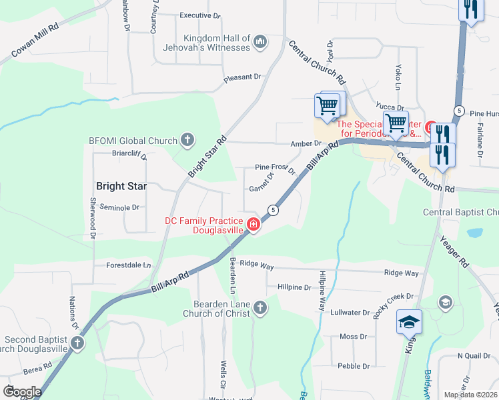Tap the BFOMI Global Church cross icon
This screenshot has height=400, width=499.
(188, 141)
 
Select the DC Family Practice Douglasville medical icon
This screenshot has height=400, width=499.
(254, 225)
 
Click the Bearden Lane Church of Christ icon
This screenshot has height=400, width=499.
(260, 308)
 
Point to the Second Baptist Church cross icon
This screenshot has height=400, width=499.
(78, 343)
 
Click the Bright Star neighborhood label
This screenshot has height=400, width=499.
(121, 186)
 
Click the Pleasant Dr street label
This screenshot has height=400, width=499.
(242, 77)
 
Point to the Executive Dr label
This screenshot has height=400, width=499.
(200, 15)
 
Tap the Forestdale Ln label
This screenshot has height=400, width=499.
(129, 265)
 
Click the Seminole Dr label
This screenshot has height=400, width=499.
(119, 207)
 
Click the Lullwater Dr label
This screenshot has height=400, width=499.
(350, 312)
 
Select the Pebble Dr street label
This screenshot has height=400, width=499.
(353, 366)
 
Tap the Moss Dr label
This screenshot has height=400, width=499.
(354, 337)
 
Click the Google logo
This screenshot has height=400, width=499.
(22, 392)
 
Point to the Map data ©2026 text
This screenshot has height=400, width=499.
(470, 395)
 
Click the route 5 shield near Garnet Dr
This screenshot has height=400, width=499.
(273, 210)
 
